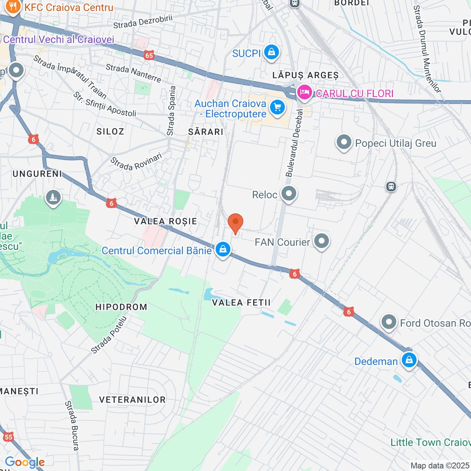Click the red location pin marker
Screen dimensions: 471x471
coord(235,223)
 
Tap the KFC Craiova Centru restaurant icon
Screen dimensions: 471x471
coord(13,7)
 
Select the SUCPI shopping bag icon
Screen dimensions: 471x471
coord(272,52)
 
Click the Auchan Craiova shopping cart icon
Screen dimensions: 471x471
coord(277,108)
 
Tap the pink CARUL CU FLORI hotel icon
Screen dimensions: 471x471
coord(305,92)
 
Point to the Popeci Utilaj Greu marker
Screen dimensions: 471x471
coord(344,142)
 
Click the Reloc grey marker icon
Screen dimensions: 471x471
coord(289,194)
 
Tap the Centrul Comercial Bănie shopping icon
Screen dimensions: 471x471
coord(223,249)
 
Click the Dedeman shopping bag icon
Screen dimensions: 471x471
coord(409,360)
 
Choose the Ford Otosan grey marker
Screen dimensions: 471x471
coord(389,322)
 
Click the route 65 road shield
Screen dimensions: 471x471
coord(149,56)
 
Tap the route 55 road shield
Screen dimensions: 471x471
coord(8,437)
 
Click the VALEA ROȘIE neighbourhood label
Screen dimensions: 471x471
coord(166,221)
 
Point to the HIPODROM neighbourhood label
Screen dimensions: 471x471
coord(121,307)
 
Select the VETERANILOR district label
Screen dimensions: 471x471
coord(132,400)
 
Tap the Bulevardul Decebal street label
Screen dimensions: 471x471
coord(294,144)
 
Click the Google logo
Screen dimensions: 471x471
coord(25,462)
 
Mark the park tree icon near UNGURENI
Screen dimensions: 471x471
coord(53,198)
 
